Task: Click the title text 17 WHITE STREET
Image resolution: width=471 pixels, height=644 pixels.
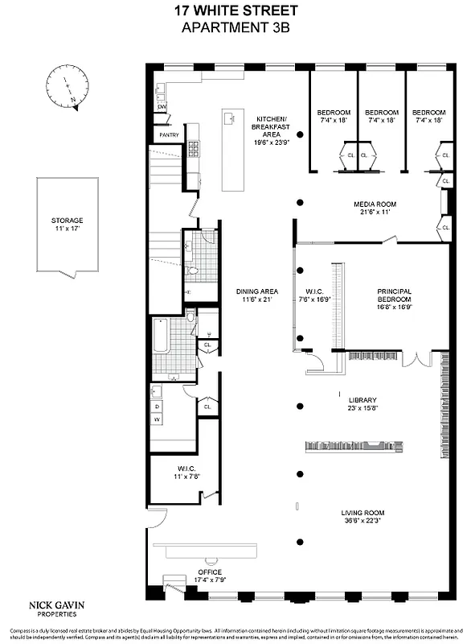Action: tap(235, 11)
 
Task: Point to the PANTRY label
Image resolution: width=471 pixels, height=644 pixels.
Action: tap(169, 135)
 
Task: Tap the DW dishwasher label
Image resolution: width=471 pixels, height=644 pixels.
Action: tap(162, 107)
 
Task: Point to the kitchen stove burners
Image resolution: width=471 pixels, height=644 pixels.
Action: tap(193, 148)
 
